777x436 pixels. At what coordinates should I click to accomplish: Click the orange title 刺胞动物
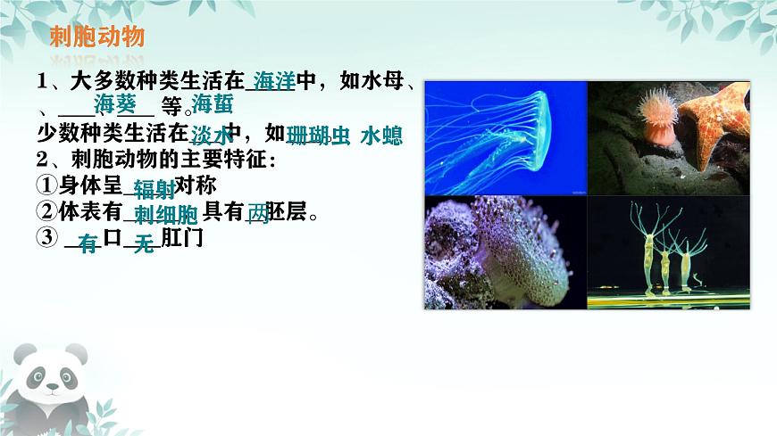pyautogui.click(x=97, y=38)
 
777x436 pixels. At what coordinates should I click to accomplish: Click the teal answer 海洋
pyautogui.click(x=273, y=81)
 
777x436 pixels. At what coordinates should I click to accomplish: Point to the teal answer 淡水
pyautogui.click(x=210, y=135)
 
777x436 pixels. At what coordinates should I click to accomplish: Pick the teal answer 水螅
pyautogui.click(x=381, y=136)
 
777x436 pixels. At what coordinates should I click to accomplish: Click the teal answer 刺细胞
pyautogui.click(x=165, y=215)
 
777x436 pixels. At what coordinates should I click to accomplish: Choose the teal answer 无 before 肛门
pyautogui.click(x=144, y=243)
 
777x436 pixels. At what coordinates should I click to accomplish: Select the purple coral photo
pyautogui.click(x=504, y=253)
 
